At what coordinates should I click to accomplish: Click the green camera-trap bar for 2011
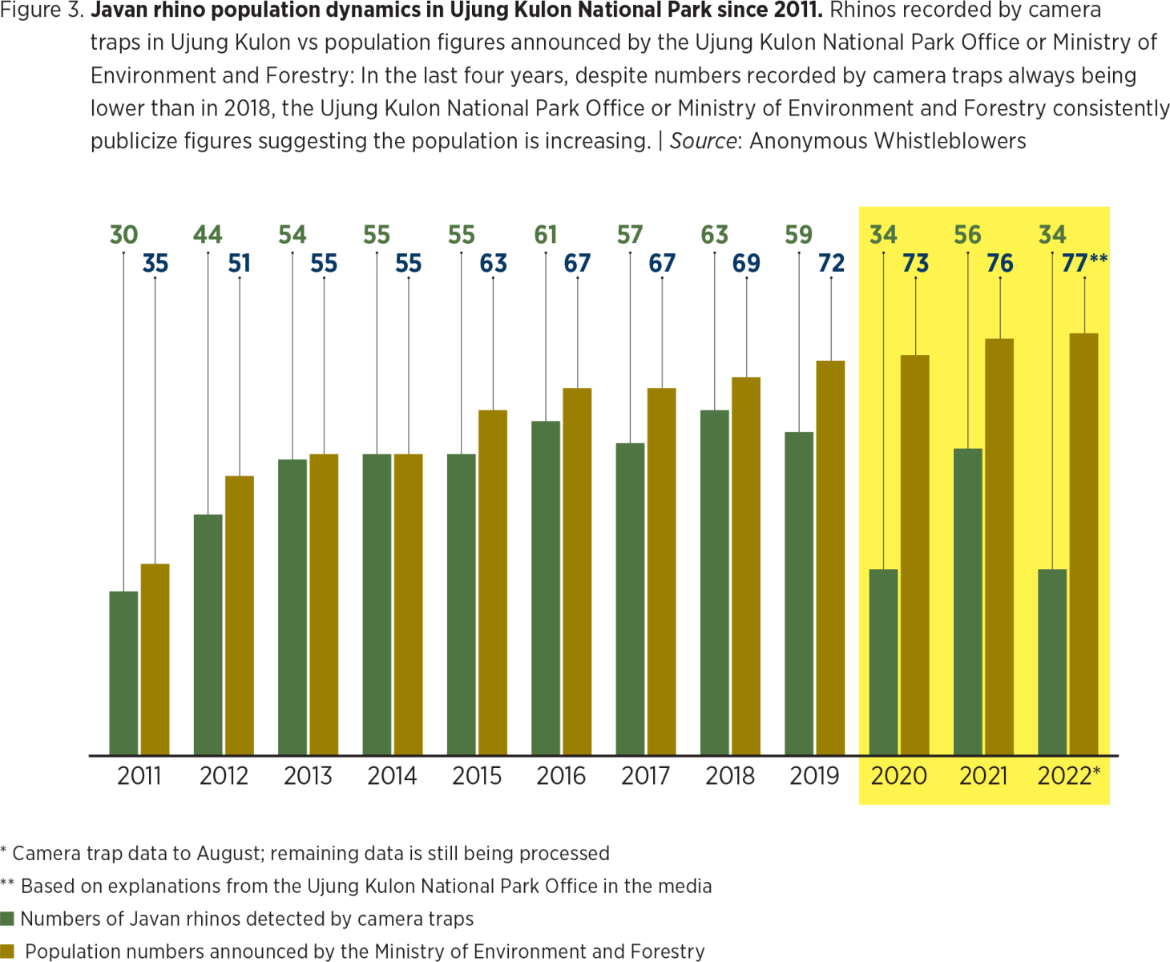click(x=124, y=673)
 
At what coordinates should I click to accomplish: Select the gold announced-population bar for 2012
click(x=239, y=615)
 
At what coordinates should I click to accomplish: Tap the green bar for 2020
click(x=883, y=661)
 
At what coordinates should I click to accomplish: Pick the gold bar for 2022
click(x=1083, y=544)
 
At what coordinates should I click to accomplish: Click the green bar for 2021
click(x=968, y=601)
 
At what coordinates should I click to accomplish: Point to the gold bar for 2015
click(x=493, y=582)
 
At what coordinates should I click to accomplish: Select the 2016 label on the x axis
click(x=561, y=776)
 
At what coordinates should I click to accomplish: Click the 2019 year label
click(x=814, y=776)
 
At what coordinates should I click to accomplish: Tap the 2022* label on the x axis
click(x=1068, y=776)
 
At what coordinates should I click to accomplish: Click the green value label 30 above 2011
click(x=123, y=235)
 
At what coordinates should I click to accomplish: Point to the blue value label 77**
click(x=1083, y=263)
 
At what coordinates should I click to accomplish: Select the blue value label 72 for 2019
click(x=831, y=263)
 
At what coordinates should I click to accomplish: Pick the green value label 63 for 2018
click(x=715, y=235)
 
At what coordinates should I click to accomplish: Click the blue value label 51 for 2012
click(x=239, y=263)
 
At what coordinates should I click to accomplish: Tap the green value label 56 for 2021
click(x=967, y=235)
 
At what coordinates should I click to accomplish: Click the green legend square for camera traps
click(x=7, y=919)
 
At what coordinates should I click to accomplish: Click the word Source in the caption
click(x=703, y=141)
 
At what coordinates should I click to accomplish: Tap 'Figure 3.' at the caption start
click(x=42, y=10)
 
